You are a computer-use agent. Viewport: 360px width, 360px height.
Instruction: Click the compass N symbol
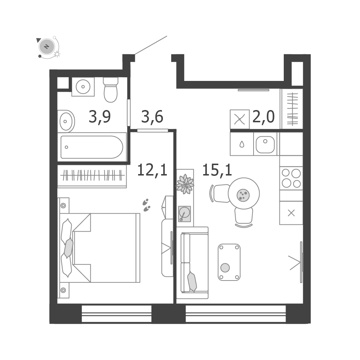pos(47,47)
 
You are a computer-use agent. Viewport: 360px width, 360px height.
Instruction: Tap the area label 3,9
pos(100,117)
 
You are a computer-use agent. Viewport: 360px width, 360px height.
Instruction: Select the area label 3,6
pos(152,117)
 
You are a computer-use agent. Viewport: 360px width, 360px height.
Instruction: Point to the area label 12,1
pos(152,170)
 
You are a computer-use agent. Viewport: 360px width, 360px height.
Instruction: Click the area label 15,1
pos(217,170)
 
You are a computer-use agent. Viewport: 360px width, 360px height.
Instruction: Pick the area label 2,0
pos(263,117)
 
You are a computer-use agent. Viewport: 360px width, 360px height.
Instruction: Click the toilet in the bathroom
pos(111,90)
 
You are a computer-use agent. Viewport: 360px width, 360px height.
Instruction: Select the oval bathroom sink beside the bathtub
pos(66,121)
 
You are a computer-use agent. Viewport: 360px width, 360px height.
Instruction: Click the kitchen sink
pos(265,145)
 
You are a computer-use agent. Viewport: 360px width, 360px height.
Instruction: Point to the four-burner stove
pos(291,178)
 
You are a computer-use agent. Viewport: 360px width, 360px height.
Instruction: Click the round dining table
pos(244,193)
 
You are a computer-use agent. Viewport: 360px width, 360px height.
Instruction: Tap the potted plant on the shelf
pos(185,184)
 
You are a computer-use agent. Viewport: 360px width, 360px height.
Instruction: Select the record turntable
pos(184,214)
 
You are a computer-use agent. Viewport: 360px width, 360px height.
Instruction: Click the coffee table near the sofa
pos(229,262)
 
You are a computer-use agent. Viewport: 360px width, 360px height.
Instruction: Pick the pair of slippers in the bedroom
pos(146,205)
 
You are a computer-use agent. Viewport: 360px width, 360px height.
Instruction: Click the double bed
pos(100,248)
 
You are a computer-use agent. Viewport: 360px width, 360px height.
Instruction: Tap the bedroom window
pos(117,314)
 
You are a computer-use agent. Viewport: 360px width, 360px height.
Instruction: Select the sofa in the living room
pos(195,263)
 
